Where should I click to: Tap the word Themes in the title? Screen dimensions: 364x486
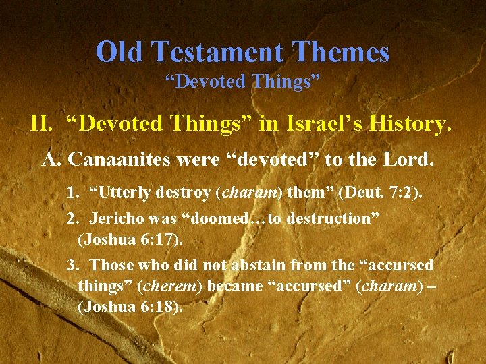[346, 52]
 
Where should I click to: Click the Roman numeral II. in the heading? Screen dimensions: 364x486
[43, 124]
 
